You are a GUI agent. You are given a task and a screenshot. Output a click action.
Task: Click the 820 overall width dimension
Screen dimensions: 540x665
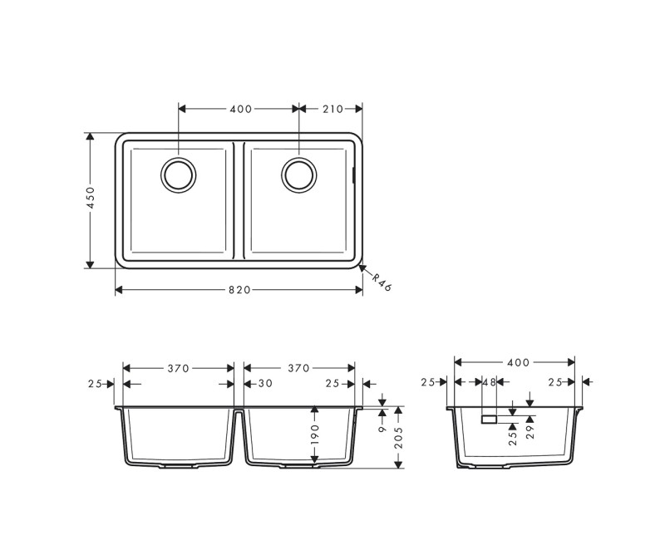[239, 290]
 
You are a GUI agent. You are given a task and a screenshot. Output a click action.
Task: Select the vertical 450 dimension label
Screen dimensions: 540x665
[91, 199]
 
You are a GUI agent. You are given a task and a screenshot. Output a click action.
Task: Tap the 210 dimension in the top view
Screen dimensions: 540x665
[332, 109]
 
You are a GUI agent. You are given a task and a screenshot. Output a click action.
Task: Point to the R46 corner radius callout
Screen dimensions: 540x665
[381, 282]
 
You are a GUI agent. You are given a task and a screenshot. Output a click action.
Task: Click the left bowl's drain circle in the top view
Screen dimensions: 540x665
[178, 174]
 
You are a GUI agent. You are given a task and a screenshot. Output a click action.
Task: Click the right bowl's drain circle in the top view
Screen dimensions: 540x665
[298, 174]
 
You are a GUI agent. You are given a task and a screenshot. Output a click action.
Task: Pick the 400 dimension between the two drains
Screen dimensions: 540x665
[240, 109]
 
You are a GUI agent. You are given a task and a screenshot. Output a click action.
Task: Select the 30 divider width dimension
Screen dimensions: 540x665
[265, 383]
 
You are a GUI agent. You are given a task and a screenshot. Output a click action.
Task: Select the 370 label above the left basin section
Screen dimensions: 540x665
[179, 367]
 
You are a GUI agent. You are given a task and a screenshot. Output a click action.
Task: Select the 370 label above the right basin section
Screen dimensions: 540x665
[298, 367]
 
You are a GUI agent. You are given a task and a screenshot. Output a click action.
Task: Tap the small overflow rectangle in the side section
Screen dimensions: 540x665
[489, 419]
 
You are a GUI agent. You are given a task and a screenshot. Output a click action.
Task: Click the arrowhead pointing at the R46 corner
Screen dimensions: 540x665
[362, 268]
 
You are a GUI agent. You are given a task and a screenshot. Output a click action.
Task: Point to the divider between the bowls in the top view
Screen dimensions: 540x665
[239, 199]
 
